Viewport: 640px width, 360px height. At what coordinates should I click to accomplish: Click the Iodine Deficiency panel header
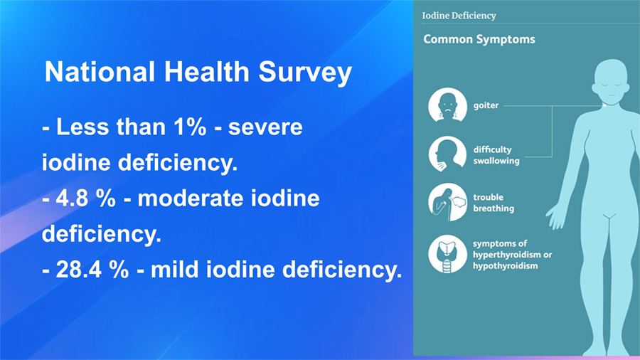click(459, 16)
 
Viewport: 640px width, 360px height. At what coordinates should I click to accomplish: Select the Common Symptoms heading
click(479, 39)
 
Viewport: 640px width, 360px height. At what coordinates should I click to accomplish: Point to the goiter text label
click(486, 105)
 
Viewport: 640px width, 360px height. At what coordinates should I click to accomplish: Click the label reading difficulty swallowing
click(496, 155)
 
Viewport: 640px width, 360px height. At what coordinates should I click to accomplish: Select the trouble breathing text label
click(494, 203)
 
